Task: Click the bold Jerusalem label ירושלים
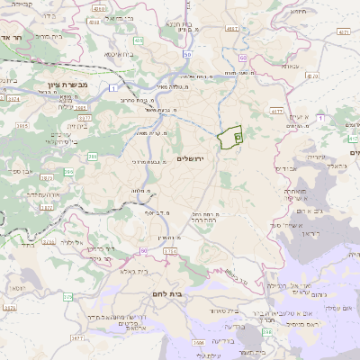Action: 192,159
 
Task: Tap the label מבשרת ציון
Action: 46,87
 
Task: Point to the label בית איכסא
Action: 120,55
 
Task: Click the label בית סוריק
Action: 47,36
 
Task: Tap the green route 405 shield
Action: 138,40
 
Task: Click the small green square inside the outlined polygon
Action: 238,137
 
